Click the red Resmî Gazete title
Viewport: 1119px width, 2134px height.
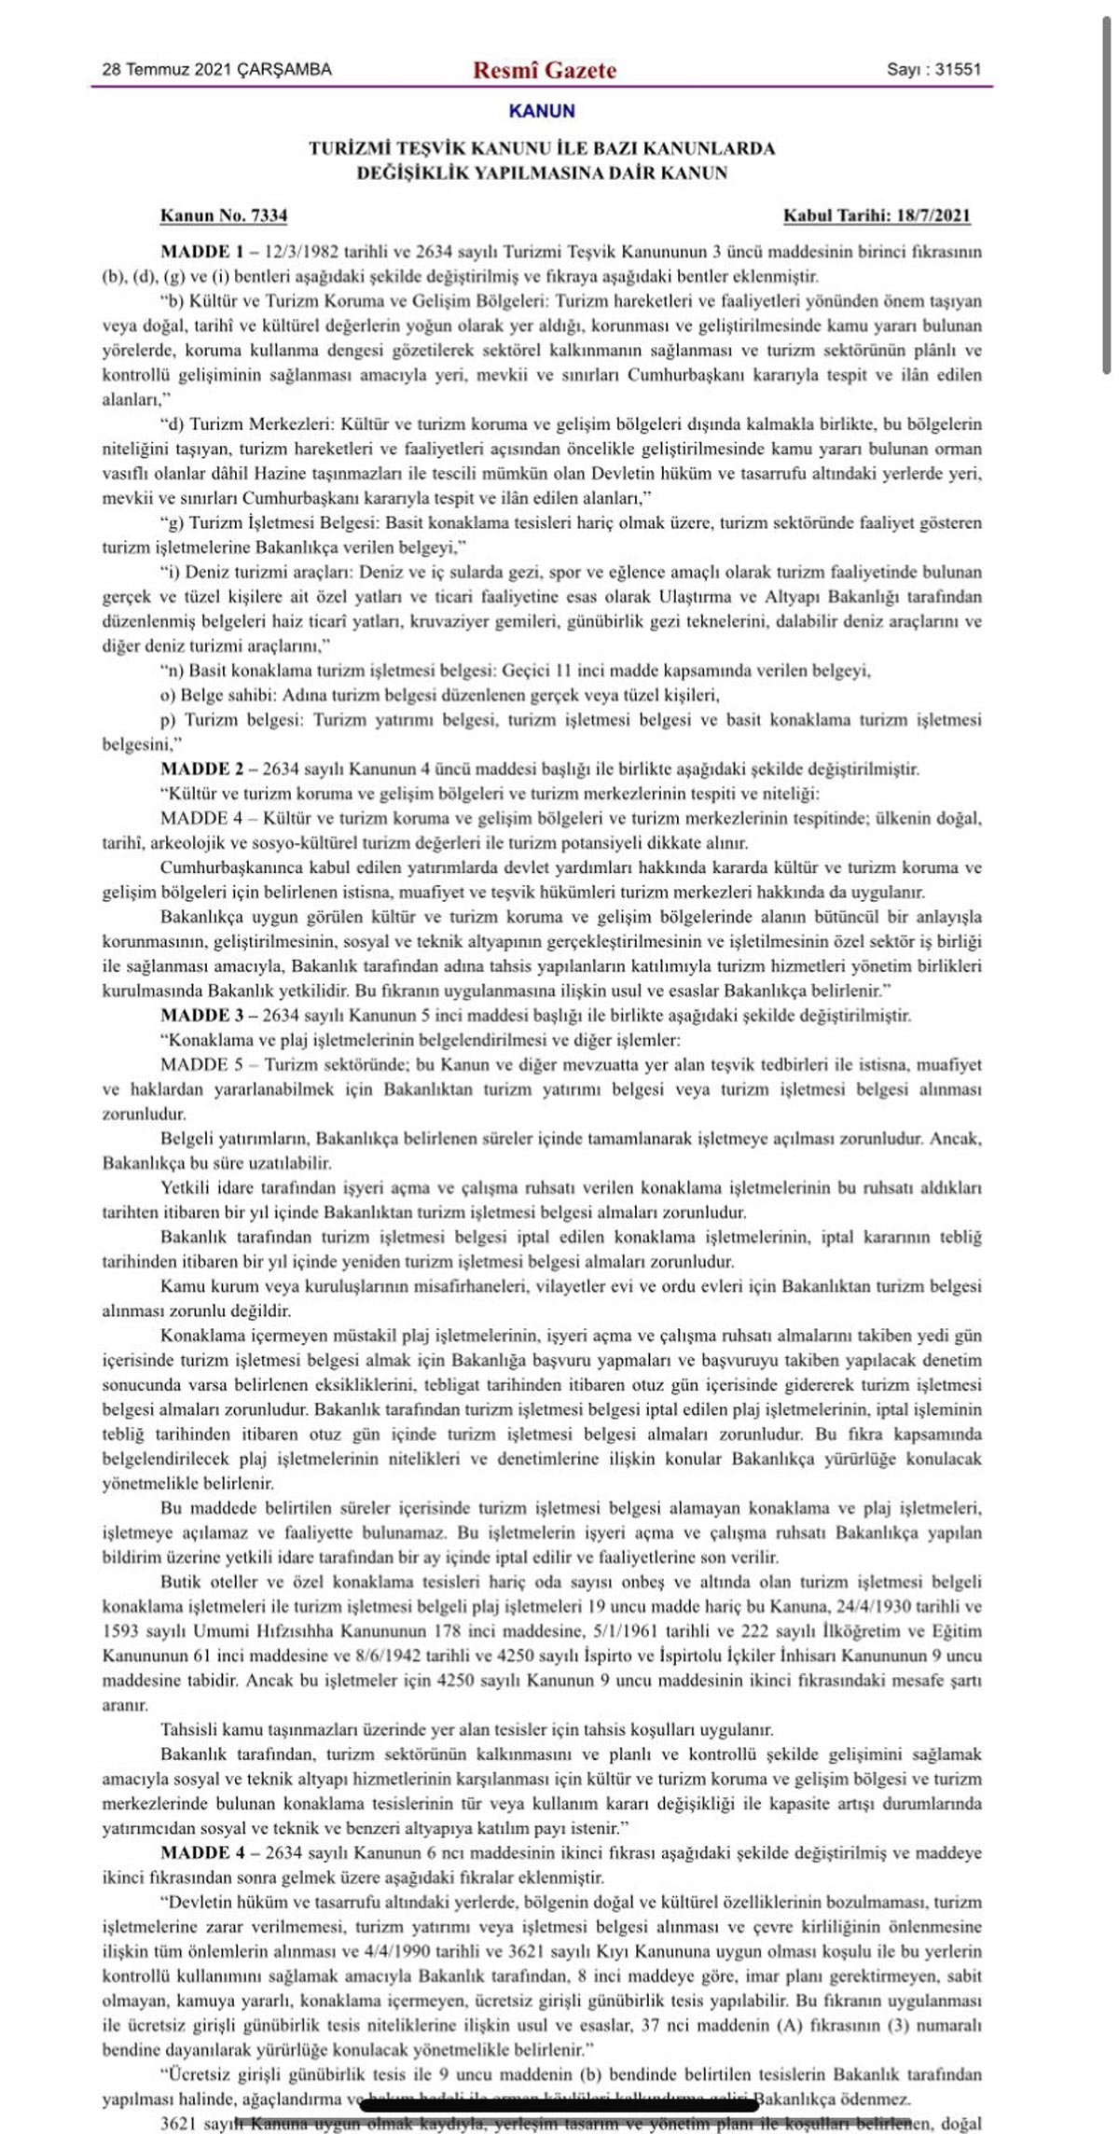click(545, 70)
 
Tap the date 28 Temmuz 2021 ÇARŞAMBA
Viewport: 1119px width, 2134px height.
click(216, 70)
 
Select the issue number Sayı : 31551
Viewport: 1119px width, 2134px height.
click(933, 70)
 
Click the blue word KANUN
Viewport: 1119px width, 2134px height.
click(542, 111)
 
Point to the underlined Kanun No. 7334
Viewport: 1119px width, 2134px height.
click(224, 216)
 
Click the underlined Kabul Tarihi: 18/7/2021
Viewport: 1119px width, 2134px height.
click(877, 216)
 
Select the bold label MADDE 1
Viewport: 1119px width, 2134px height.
click(195, 252)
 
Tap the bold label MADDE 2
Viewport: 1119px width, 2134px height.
click(195, 769)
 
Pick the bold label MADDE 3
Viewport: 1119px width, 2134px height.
click(195, 1016)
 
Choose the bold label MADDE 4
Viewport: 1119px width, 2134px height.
click(195, 1853)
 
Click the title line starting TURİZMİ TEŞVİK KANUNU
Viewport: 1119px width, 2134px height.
click(542, 148)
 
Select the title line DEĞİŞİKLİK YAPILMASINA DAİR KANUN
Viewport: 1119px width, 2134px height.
click(542, 173)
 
